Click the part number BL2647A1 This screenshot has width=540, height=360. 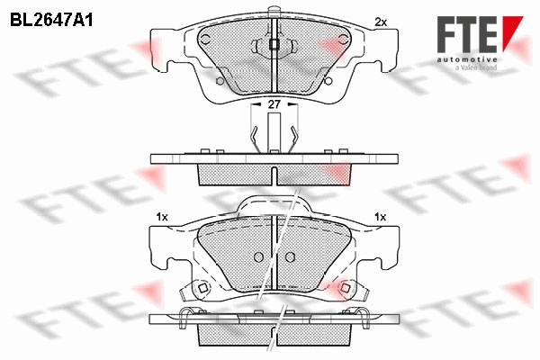51,21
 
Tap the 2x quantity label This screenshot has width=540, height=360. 381,22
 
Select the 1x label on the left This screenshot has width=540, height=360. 162,217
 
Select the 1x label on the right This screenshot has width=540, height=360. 380,217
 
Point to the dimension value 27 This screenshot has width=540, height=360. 274,104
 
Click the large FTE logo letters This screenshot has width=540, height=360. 467,34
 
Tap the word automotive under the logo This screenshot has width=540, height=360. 467,59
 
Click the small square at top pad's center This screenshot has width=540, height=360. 274,44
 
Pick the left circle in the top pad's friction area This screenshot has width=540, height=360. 205,40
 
